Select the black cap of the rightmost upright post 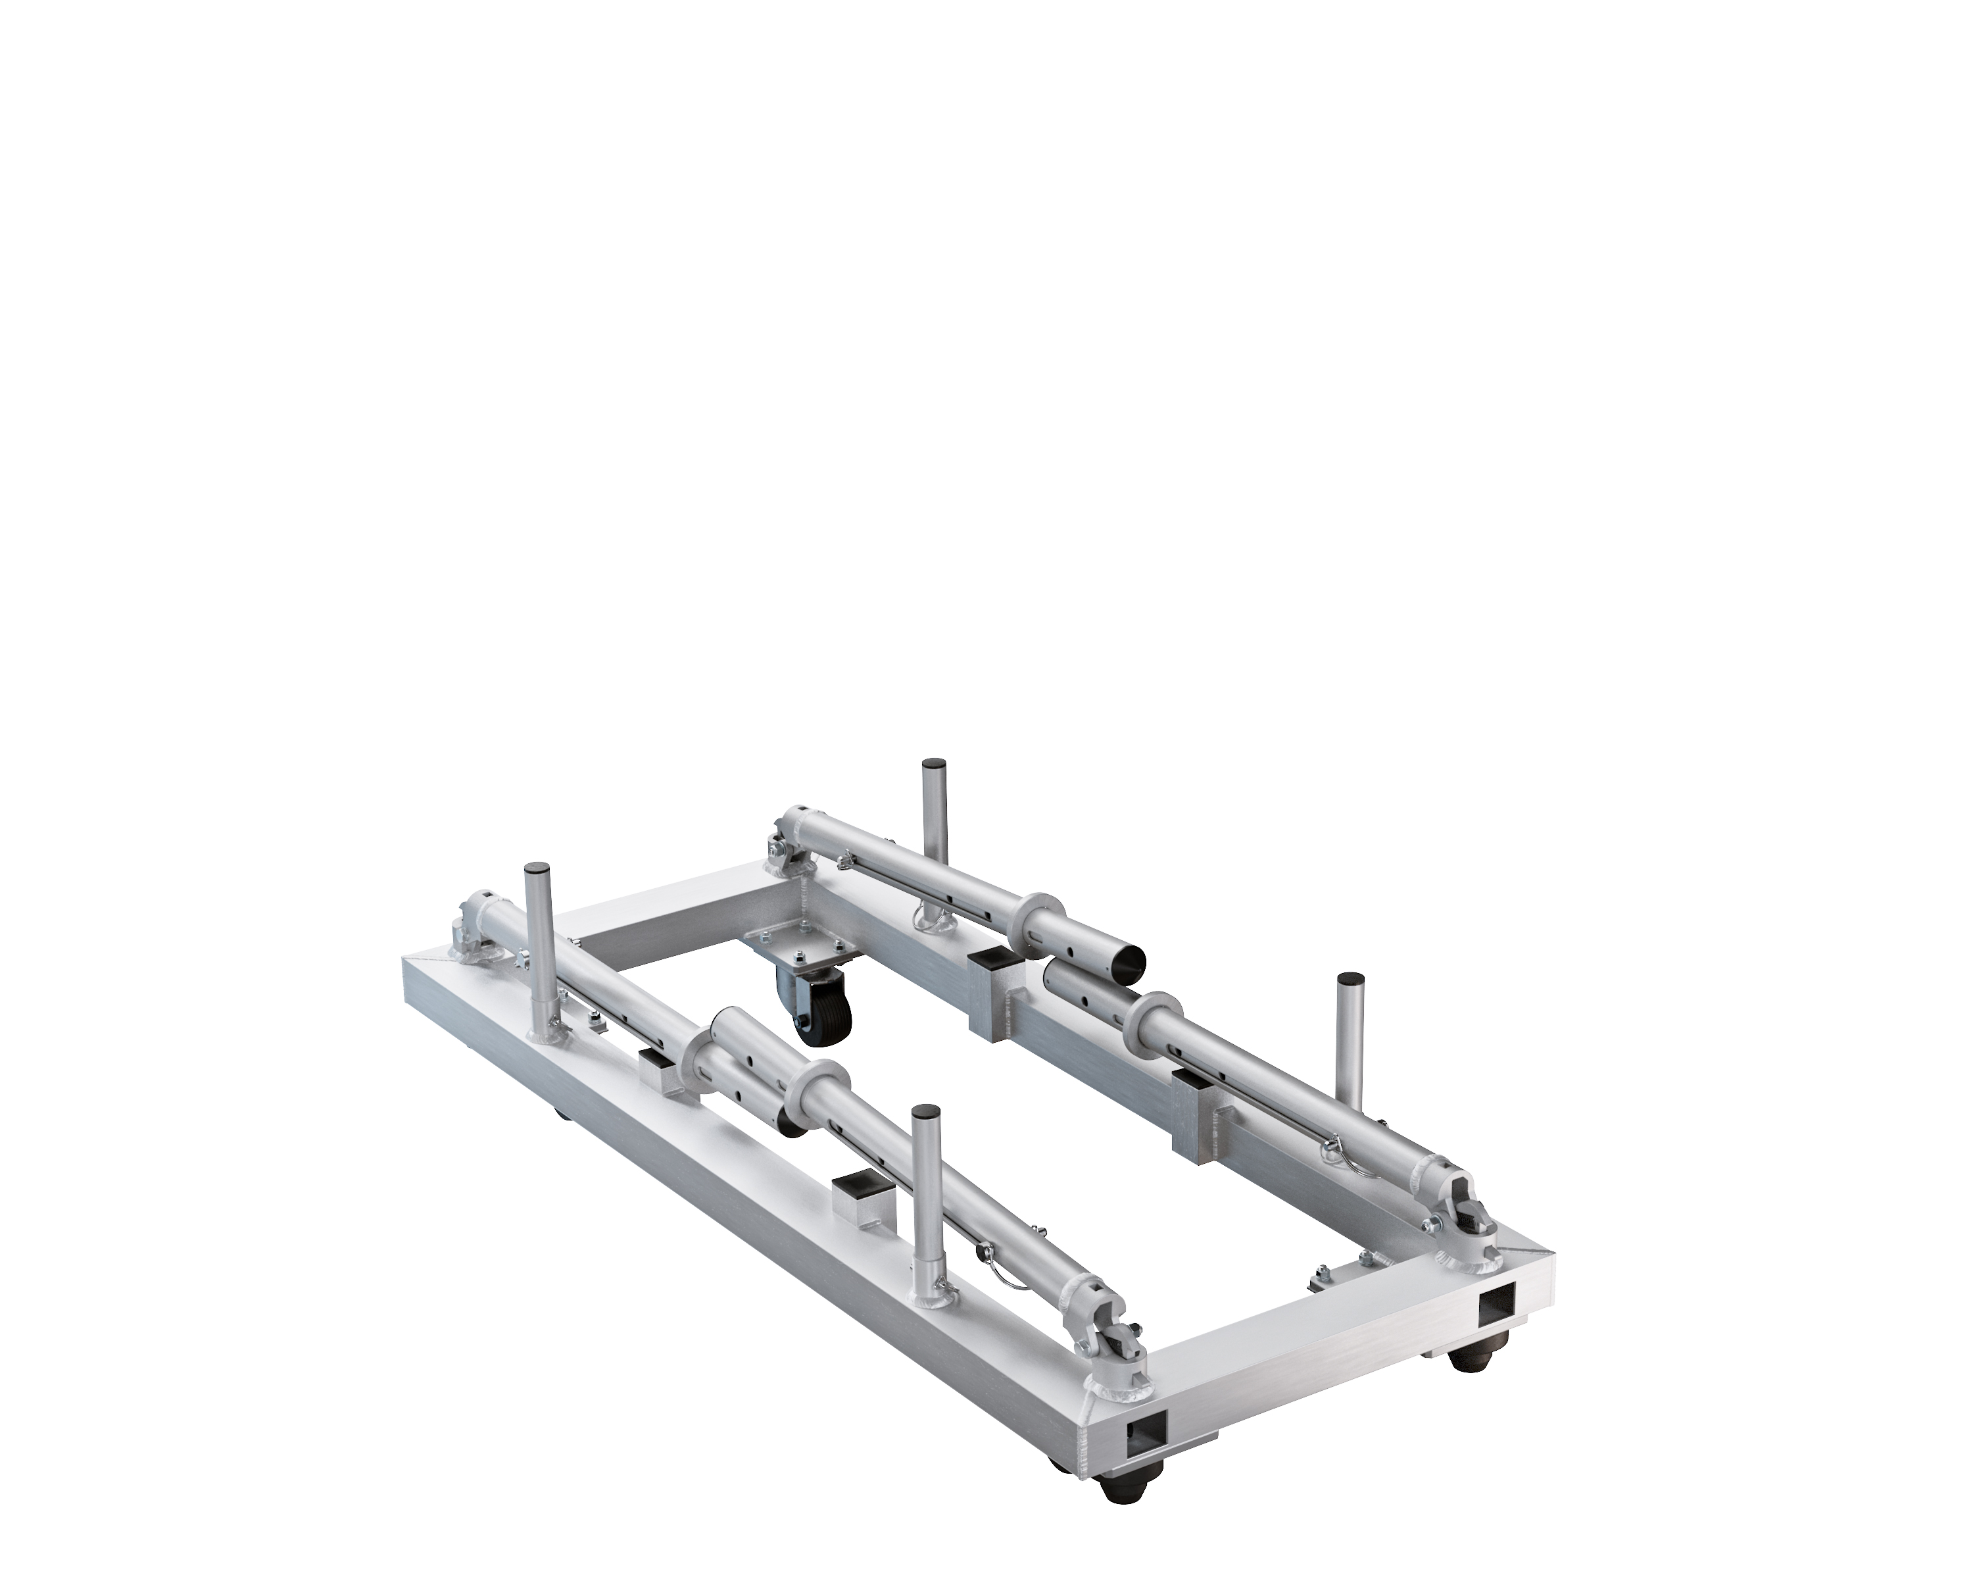tap(1349, 980)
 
